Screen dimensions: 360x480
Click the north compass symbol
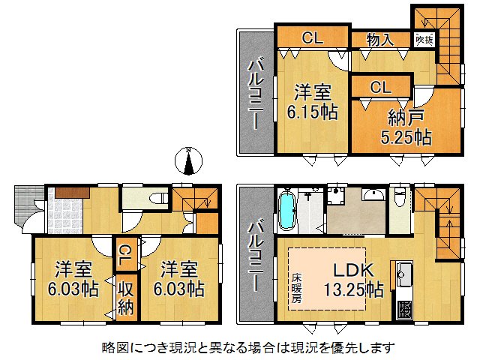[x=190, y=161]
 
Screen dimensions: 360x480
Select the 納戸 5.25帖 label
[x=409, y=127]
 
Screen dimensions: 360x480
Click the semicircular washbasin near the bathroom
[x=373, y=196]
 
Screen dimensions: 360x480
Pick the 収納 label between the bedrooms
[x=124, y=296]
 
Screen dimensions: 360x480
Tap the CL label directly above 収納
[x=124, y=253]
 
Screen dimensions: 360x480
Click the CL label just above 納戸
[x=380, y=87]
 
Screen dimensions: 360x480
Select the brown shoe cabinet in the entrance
[x=72, y=193]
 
